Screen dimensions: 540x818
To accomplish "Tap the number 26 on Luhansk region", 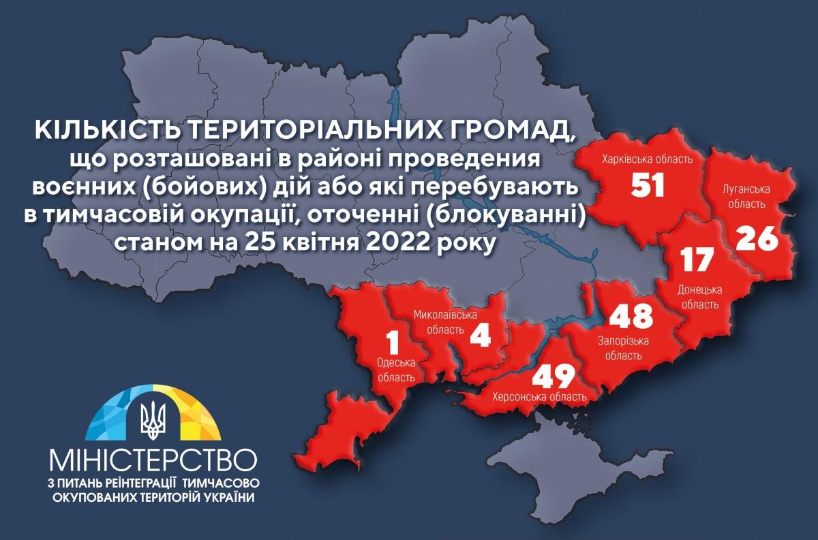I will click(757, 238).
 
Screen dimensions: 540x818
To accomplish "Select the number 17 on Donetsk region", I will click(696, 259).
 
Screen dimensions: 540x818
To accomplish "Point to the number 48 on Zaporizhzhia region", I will click(631, 316).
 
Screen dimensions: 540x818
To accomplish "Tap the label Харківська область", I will click(647, 159).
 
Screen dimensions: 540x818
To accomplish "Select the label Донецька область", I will click(699, 297).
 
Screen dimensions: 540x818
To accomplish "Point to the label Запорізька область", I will click(623, 347).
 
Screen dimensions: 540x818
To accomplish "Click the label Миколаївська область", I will click(446, 321).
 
